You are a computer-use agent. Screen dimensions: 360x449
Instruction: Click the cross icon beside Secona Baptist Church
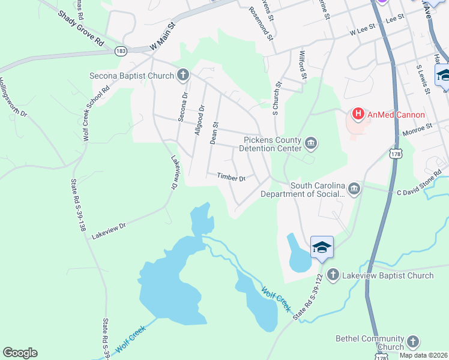183,76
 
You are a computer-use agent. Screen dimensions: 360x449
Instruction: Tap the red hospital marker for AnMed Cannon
358,113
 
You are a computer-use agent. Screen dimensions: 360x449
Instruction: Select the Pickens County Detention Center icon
312,143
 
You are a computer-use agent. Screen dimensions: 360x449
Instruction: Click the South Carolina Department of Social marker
354,190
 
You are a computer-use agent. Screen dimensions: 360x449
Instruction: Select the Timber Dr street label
232,178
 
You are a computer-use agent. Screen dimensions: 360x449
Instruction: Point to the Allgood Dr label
199,119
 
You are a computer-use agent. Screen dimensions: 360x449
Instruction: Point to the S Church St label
277,99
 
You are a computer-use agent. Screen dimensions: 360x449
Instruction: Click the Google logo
20,353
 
